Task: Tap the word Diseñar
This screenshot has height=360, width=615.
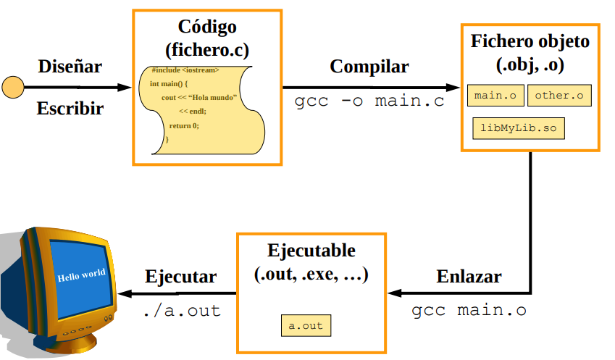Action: (x=70, y=67)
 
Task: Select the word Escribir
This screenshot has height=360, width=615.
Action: (x=70, y=109)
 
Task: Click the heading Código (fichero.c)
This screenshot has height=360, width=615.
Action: (x=207, y=38)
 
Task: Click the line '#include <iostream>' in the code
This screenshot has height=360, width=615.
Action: (x=185, y=70)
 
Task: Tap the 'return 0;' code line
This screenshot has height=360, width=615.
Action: (x=183, y=125)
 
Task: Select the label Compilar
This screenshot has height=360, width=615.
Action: (x=369, y=67)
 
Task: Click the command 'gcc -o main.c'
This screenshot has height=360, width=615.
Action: (x=369, y=101)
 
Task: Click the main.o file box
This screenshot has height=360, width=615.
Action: (x=495, y=95)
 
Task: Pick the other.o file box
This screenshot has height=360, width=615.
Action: (x=559, y=95)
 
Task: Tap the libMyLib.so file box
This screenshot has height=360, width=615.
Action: (x=518, y=127)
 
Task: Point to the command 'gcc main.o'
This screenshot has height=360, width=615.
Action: (x=469, y=311)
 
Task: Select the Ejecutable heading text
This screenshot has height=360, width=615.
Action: (x=311, y=262)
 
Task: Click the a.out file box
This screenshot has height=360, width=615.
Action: (x=306, y=326)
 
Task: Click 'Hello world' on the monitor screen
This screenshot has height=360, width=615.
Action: (x=81, y=275)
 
